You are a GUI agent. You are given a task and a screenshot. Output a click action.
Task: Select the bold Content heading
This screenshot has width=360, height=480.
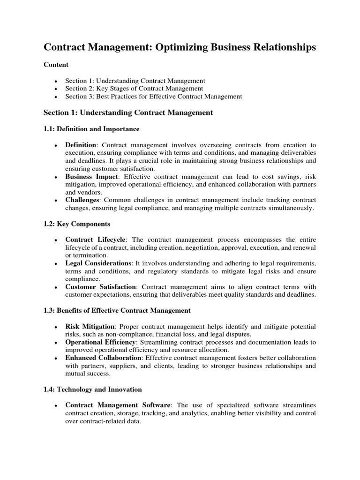click(x=56, y=65)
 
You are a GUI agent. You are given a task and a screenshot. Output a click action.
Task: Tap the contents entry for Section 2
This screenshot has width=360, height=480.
click(x=134, y=88)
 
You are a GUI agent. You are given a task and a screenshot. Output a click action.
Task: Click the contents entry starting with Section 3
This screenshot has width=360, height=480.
click(x=153, y=97)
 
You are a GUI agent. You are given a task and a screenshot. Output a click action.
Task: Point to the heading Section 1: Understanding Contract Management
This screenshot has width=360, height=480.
click(x=128, y=112)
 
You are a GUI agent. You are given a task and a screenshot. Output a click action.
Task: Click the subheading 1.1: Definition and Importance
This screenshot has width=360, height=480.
click(x=91, y=129)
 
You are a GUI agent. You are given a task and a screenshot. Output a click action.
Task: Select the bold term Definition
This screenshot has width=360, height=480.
click(x=81, y=145)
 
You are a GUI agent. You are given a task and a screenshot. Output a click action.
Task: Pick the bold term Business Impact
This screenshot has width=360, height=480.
click(x=91, y=177)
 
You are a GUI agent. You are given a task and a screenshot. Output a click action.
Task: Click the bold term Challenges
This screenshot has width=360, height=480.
click(x=82, y=200)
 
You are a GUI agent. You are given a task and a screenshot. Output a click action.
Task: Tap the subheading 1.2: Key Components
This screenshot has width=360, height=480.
click(x=77, y=225)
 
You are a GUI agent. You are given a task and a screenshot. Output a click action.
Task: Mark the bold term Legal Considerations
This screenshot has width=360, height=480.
click(x=98, y=264)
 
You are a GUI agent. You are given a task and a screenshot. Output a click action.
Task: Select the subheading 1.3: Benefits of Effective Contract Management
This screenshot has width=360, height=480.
click(x=117, y=310)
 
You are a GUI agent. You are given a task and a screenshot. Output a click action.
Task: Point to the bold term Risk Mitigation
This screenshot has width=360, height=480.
click(x=90, y=326)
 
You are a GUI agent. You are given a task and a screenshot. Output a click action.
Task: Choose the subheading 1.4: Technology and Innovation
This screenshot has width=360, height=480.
click(x=92, y=390)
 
